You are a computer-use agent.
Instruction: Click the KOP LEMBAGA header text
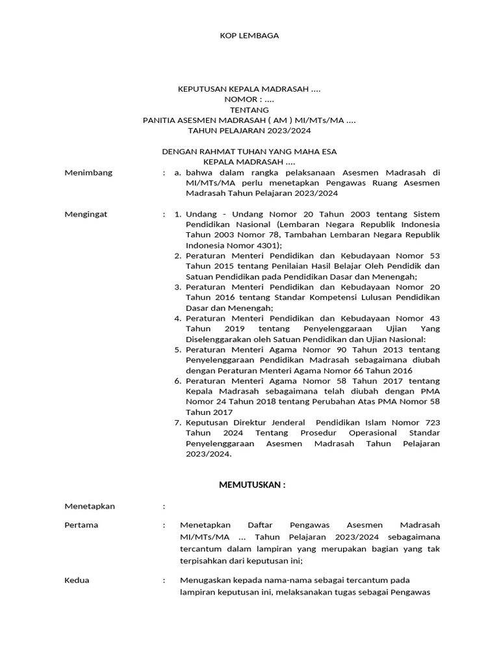pos(249,36)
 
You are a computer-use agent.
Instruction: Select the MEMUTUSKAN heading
pos(252,485)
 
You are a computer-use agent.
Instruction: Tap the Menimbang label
pos(88,172)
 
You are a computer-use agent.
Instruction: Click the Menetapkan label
pos(90,505)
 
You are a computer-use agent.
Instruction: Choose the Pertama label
pos(81,525)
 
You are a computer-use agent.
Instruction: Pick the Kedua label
pos(77,580)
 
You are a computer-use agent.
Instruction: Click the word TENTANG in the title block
pos(249,110)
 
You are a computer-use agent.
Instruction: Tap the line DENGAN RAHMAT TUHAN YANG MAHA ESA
pos(249,152)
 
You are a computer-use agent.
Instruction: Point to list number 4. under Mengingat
pos(177,318)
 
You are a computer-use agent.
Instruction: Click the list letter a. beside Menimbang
pos(177,172)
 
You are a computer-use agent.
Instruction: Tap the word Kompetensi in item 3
pos(305,297)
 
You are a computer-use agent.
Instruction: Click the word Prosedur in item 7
pos(311,433)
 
